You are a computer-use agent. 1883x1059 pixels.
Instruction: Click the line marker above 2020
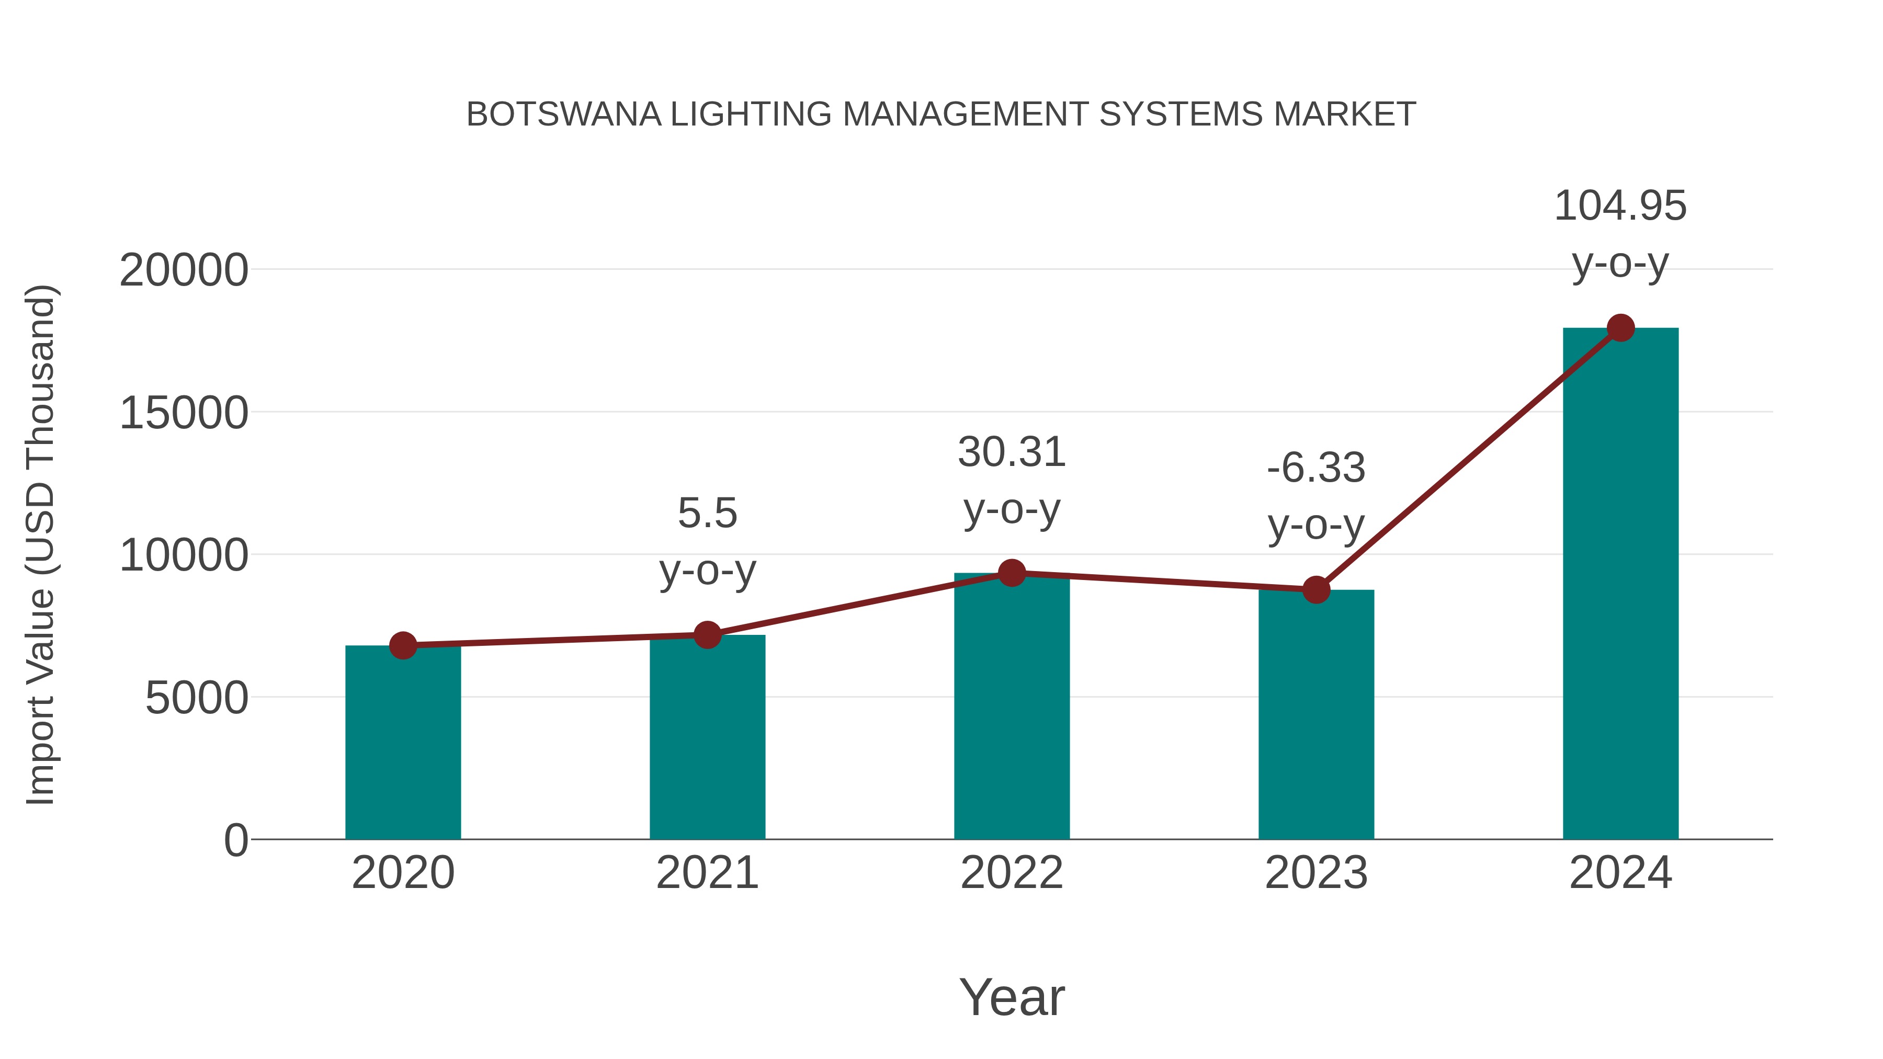[x=403, y=645]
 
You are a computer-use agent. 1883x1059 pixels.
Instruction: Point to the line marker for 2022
[x=1012, y=573]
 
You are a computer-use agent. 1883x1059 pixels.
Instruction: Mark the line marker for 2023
[x=1316, y=589]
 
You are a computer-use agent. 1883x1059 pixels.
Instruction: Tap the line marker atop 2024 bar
[x=1620, y=328]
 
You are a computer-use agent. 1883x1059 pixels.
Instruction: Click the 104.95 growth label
[x=1620, y=206]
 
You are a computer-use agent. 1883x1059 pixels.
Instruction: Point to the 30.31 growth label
[x=1012, y=452]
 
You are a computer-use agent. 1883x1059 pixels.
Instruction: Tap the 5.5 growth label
[x=707, y=513]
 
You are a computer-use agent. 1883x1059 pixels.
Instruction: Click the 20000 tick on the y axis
[x=184, y=270]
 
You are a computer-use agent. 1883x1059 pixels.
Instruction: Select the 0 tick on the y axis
[x=235, y=840]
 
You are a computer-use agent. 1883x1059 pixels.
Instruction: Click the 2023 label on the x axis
[x=1316, y=873]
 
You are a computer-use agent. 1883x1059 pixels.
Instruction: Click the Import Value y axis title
[x=40, y=544]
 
